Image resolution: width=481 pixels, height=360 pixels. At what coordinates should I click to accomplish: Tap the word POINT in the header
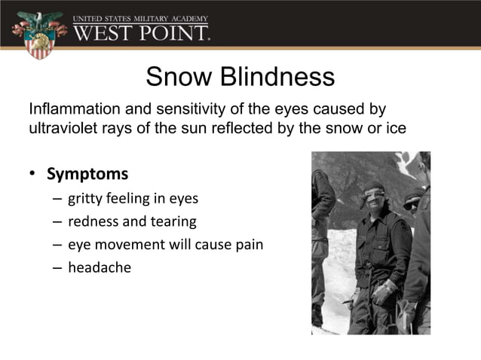coord(173,33)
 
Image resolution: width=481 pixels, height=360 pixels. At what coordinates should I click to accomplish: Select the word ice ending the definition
coord(397,127)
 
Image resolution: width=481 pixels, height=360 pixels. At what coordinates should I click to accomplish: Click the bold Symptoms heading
coord(87,174)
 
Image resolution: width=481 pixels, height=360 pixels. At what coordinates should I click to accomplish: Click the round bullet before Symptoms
coord(32,175)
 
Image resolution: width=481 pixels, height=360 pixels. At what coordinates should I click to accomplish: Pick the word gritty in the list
coord(87,200)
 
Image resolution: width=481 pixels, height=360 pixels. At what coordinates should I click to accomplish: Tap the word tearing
coord(173,222)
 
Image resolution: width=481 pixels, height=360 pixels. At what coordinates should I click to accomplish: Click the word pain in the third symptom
coord(248,245)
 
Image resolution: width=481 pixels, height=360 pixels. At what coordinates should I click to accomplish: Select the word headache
coord(100,267)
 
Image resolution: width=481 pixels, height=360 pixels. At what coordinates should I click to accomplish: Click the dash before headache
coord(57,267)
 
